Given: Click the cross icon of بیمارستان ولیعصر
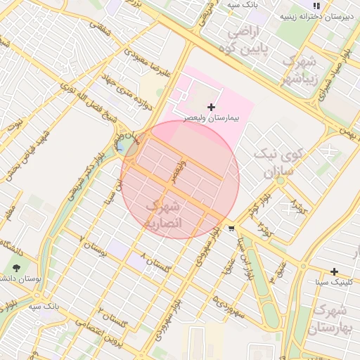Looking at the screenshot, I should click(x=212, y=107).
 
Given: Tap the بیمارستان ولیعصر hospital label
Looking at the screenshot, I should click(x=212, y=118).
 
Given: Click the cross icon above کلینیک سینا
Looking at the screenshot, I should click(x=334, y=271).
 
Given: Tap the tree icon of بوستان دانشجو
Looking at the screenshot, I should click(x=16, y=268).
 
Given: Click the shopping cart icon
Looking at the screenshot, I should click(x=232, y=229).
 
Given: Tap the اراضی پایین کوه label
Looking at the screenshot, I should click(x=242, y=40).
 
